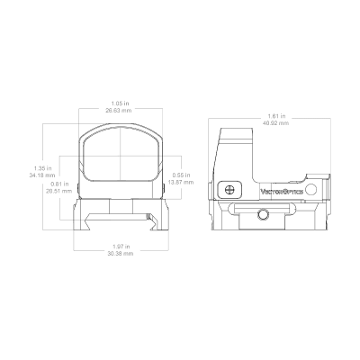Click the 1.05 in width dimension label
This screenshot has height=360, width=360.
[118, 103]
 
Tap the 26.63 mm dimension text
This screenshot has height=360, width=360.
[118, 111]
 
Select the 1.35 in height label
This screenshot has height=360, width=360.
[43, 168]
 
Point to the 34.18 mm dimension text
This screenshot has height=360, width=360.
[42, 175]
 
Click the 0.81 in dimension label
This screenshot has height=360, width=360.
[59, 184]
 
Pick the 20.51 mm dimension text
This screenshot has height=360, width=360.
[59, 191]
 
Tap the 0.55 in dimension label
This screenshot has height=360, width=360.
[181, 175]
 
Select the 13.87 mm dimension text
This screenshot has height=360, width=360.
[181, 182]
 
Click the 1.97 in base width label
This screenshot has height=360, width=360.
[121, 247]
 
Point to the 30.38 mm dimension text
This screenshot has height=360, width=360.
[121, 254]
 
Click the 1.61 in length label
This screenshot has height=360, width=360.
[276, 116]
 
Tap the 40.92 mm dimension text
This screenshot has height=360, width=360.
[275, 123]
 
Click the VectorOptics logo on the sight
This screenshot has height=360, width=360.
[282, 192]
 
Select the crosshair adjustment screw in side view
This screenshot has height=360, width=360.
[229, 189]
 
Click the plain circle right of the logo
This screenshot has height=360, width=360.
[311, 189]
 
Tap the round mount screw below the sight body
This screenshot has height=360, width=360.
[263, 214]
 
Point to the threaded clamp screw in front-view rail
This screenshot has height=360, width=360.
[148, 217]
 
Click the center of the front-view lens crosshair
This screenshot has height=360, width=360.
[121, 156]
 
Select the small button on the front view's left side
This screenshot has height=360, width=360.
[78, 188]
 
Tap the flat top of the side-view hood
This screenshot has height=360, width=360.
[236, 129]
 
